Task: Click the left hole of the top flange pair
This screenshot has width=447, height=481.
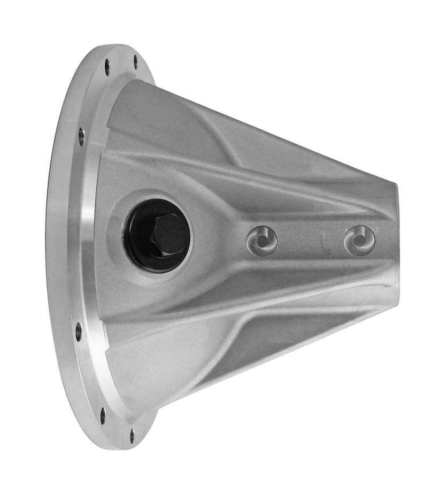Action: pos(107,67)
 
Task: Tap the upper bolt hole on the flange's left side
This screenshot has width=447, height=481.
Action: pos(81,136)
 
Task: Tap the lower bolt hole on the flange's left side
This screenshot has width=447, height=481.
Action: pos(79,331)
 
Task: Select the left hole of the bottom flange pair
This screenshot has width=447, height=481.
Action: pos(102,413)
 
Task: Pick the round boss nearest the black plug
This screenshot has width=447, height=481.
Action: pos(262,241)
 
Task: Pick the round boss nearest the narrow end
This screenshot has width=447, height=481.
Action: pos(359,240)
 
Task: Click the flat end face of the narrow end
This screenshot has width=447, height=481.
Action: pos(395,246)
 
